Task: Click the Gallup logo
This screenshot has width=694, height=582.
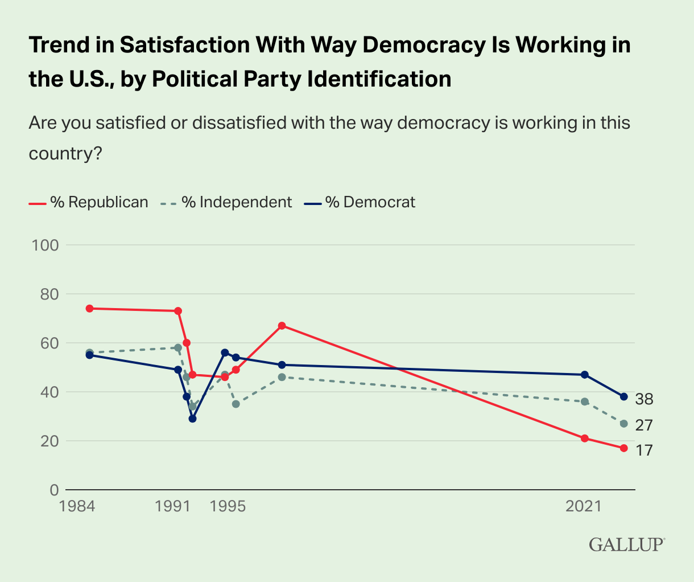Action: (626, 544)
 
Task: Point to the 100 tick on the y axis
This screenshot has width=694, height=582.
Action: (47, 245)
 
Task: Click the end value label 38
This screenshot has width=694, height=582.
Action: (644, 400)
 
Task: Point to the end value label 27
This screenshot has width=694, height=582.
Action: (644, 425)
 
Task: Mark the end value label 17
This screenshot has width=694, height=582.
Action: (644, 450)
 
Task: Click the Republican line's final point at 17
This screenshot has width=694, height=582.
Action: (623, 448)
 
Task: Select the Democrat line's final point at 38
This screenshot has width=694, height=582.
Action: (623, 396)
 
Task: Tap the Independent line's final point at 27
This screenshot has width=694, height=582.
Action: (623, 424)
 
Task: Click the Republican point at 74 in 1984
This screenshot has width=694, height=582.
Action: (89, 309)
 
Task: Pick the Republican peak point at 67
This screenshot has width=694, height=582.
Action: (282, 326)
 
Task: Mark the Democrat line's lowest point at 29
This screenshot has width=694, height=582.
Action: (192, 419)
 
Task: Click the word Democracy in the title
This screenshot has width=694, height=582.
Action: (418, 45)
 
